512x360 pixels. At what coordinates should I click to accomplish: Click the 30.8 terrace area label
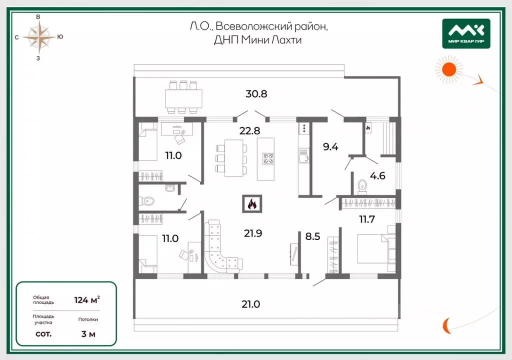(256, 94)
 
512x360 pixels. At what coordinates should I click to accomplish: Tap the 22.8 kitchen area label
(250, 131)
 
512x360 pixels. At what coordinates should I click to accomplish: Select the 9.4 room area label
(330, 146)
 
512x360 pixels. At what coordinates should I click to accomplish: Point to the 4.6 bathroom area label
(377, 176)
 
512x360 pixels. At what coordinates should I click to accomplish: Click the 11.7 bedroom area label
(367, 219)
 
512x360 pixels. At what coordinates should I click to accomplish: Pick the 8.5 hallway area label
(312, 236)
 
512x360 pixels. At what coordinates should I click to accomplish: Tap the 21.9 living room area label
(253, 233)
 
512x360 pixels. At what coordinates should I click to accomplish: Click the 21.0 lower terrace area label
(251, 304)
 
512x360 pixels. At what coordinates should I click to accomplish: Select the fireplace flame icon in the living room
(252, 204)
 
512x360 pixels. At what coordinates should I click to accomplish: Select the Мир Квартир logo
(466, 33)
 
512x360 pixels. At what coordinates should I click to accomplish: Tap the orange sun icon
(449, 69)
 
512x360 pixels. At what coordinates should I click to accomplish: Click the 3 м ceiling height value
(88, 334)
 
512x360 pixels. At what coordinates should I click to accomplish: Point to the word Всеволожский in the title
(254, 26)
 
